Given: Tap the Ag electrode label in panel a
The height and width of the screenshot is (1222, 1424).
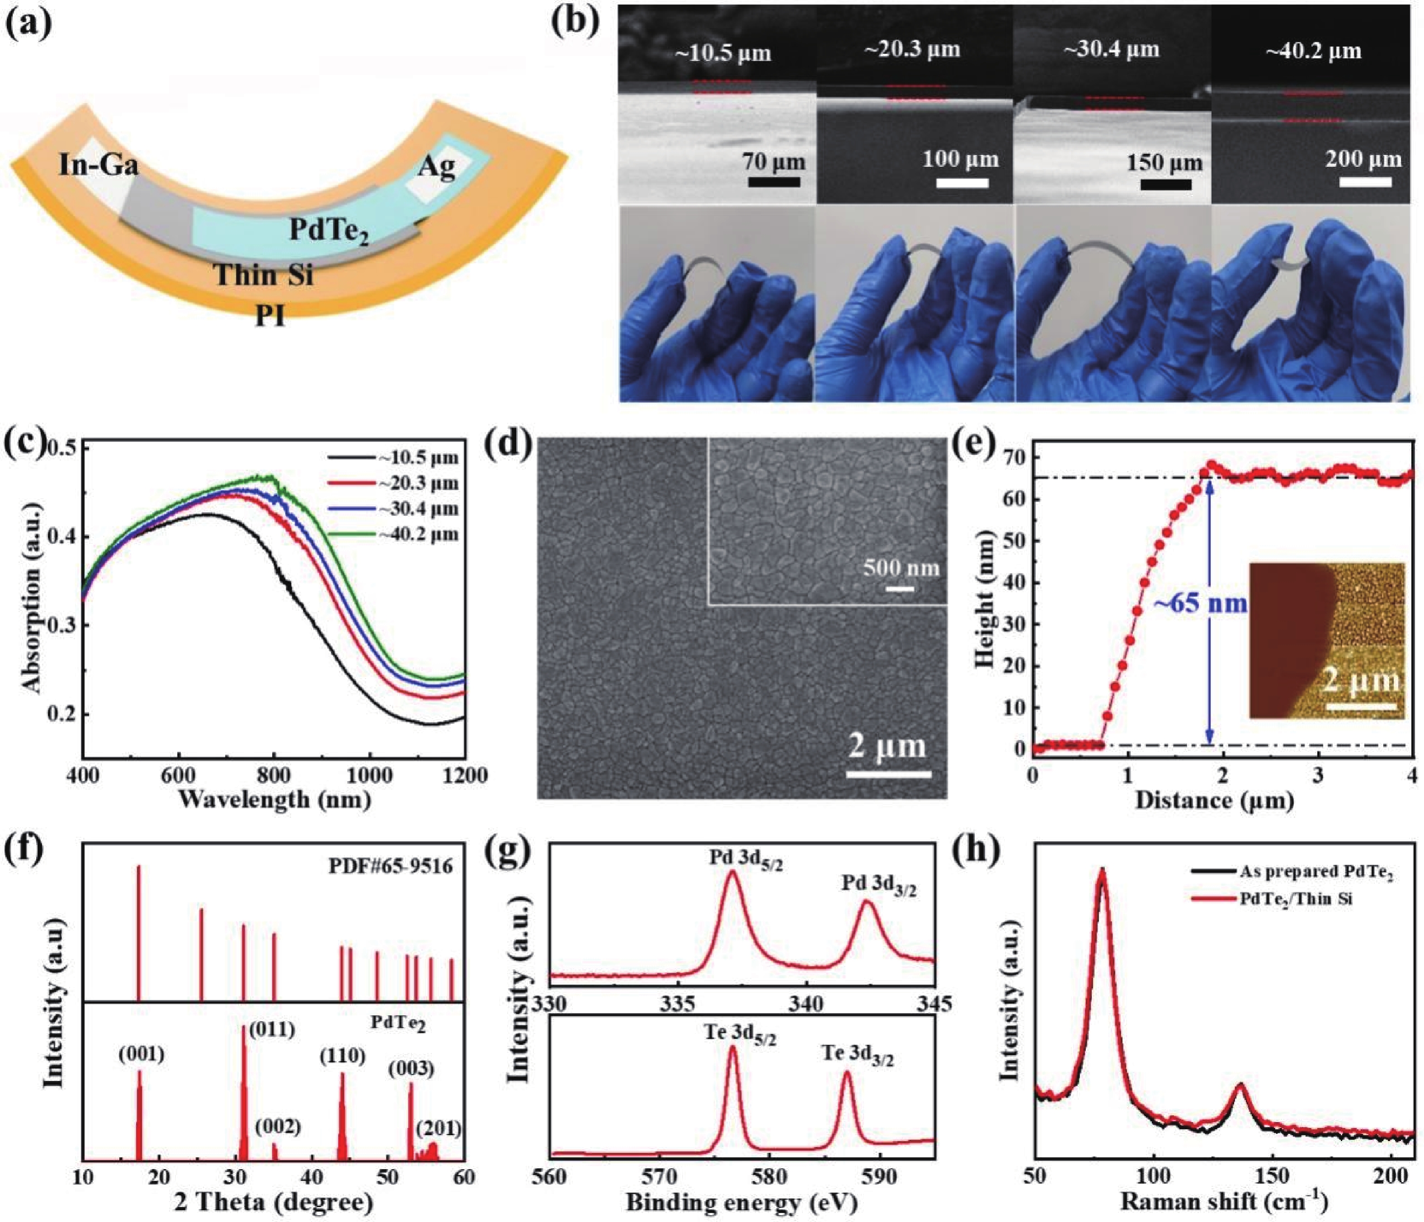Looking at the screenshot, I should tap(437, 166).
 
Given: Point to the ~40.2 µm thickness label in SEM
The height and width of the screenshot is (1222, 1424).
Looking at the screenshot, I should tap(1313, 51).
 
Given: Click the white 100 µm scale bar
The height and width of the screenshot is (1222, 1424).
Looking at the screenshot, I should tap(962, 183).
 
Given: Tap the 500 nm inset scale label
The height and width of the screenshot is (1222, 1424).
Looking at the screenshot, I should tap(901, 568).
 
